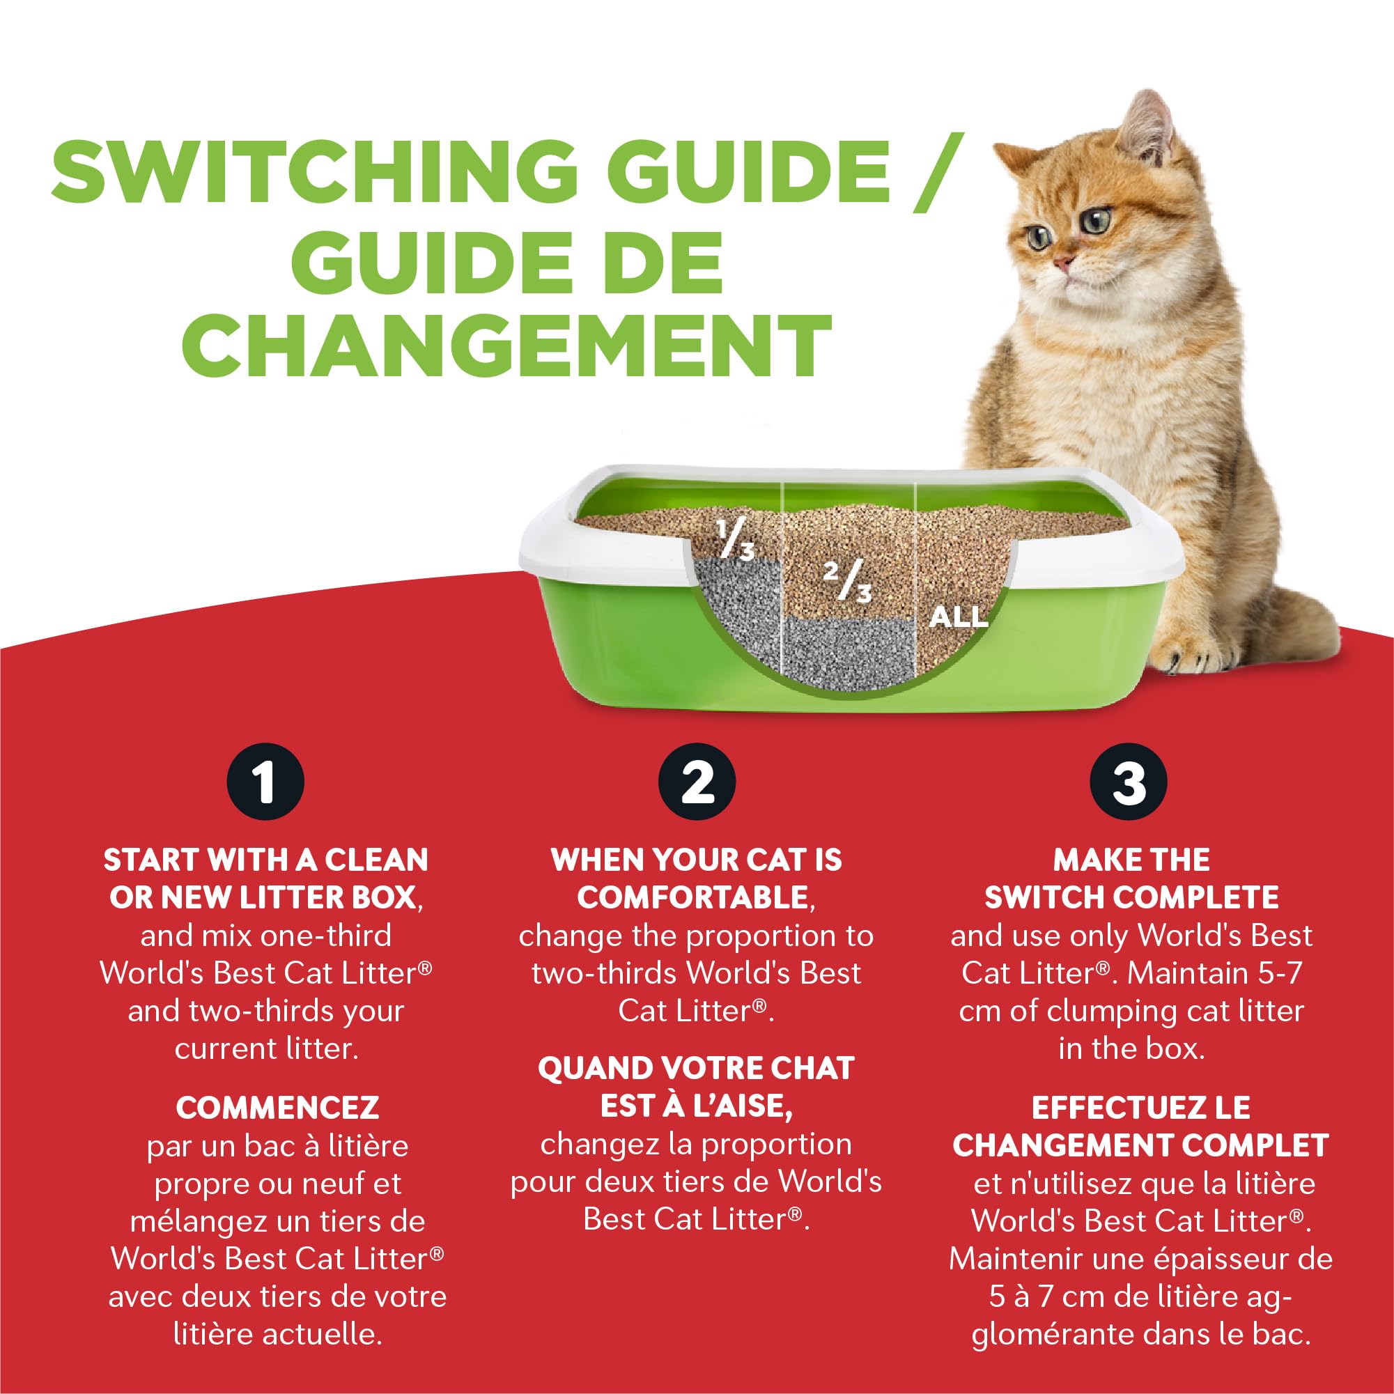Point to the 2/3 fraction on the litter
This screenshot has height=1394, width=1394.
847,582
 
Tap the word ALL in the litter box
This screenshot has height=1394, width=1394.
957,617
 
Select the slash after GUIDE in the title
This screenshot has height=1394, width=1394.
938,171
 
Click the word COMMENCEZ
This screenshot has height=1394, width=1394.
277,1108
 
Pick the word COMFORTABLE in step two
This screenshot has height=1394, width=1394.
692,897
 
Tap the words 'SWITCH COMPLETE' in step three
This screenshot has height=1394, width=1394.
1131,897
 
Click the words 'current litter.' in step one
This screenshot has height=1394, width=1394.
266,1048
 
